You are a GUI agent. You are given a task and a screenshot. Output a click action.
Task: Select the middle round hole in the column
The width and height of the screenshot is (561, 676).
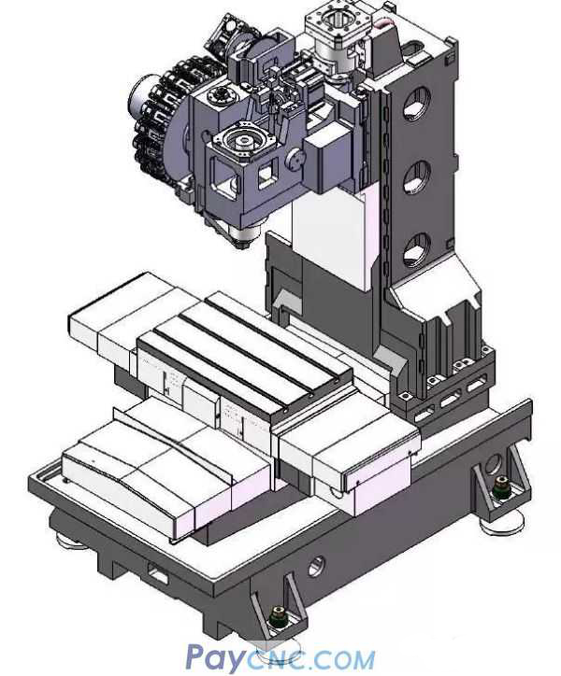click(417, 176)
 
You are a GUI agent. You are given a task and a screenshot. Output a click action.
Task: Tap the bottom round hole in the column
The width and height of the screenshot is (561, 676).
click(416, 249)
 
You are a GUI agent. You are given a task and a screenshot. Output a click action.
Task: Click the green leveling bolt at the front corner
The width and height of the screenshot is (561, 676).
click(277, 615)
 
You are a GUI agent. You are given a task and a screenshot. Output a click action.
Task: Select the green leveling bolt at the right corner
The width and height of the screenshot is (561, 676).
click(500, 485)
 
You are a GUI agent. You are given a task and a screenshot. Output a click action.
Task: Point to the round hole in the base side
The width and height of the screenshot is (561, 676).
click(316, 565)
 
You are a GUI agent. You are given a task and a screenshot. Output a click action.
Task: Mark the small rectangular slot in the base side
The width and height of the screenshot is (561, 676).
click(157, 577)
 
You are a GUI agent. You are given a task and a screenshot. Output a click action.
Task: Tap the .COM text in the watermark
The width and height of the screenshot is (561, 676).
click(338, 660)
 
